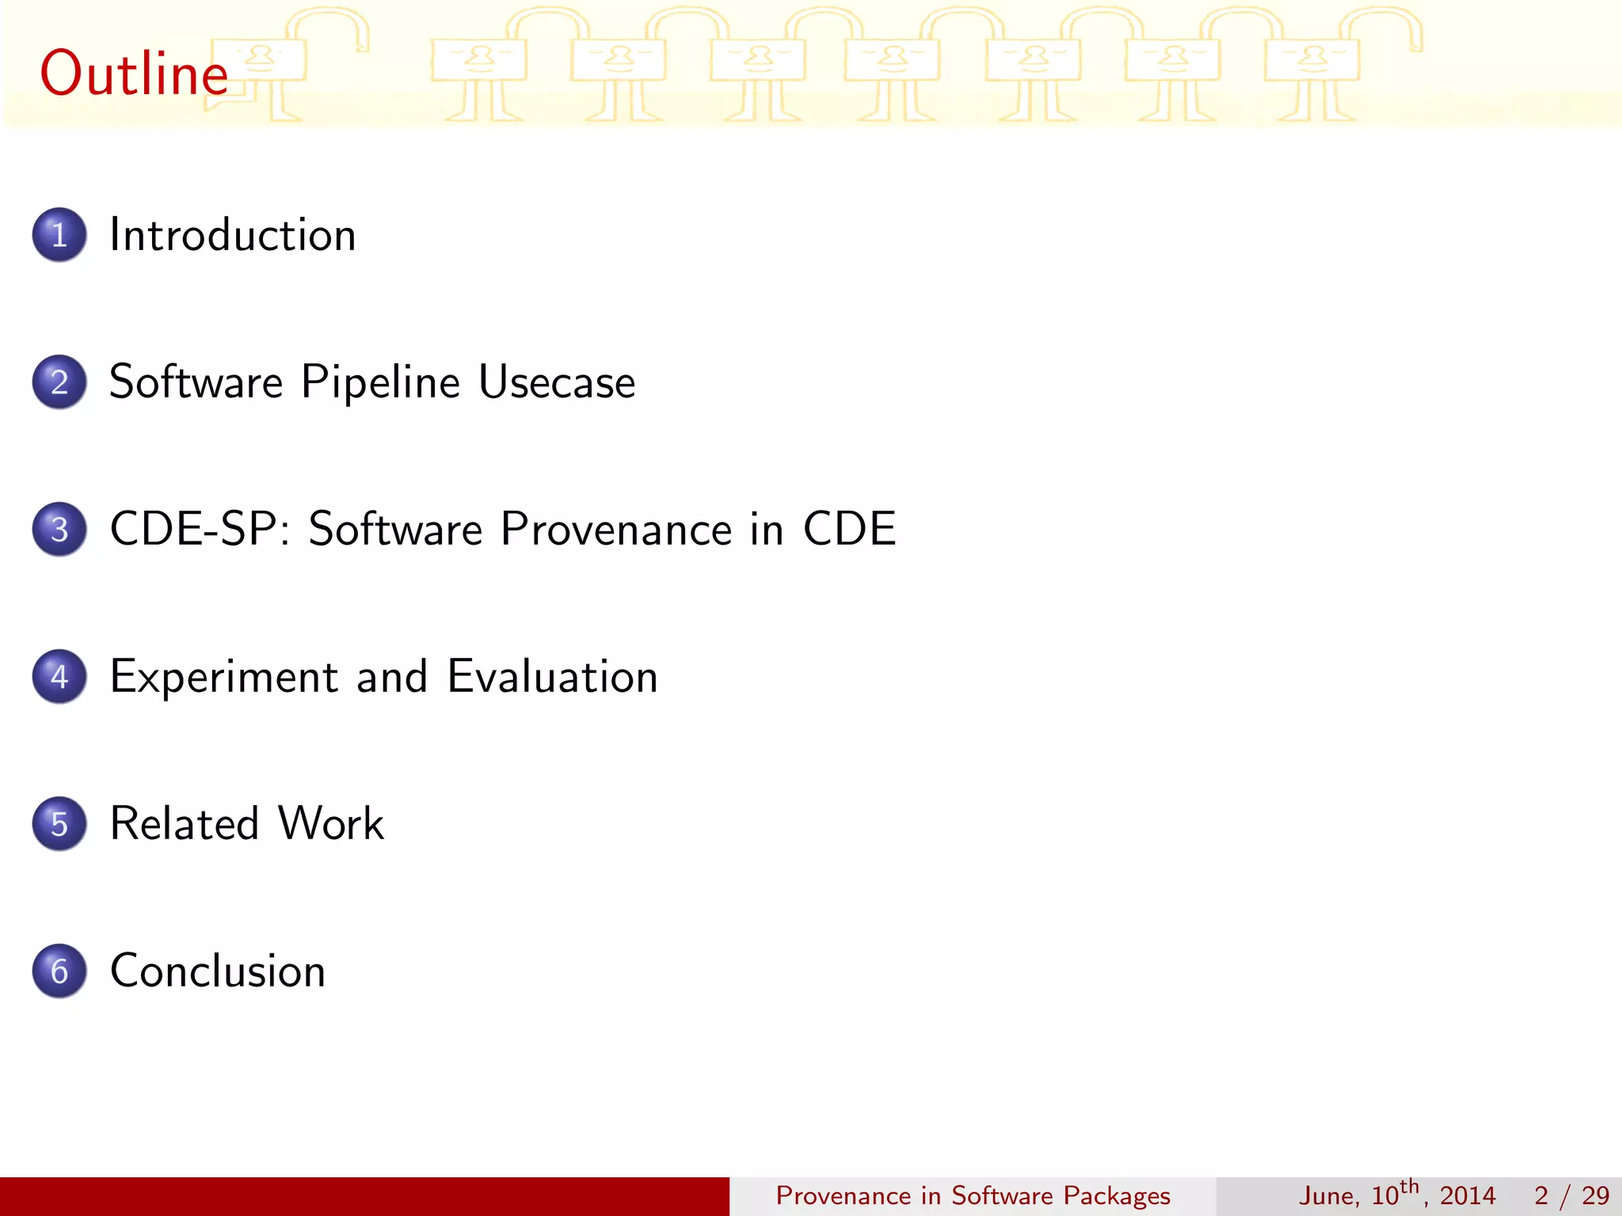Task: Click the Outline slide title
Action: coord(134,73)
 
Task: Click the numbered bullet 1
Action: coord(59,235)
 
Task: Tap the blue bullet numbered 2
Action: coord(59,382)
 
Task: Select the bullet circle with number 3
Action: coord(59,530)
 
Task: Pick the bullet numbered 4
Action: coord(59,677)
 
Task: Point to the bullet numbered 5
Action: coord(59,824)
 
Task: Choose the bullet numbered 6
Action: coord(59,971)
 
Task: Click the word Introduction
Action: coord(232,235)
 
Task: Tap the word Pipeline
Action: coord(380,383)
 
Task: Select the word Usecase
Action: coord(557,382)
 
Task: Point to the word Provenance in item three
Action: coord(616,529)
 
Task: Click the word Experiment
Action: coord(224,678)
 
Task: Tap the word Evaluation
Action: coord(552,677)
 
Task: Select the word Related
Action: coord(185,823)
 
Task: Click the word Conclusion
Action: coord(218,971)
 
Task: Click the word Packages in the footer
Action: coord(1116,1195)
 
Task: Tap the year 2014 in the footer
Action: coord(1467,1195)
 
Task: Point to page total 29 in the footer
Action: coord(1594,1195)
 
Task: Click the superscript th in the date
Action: coord(1409,1186)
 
